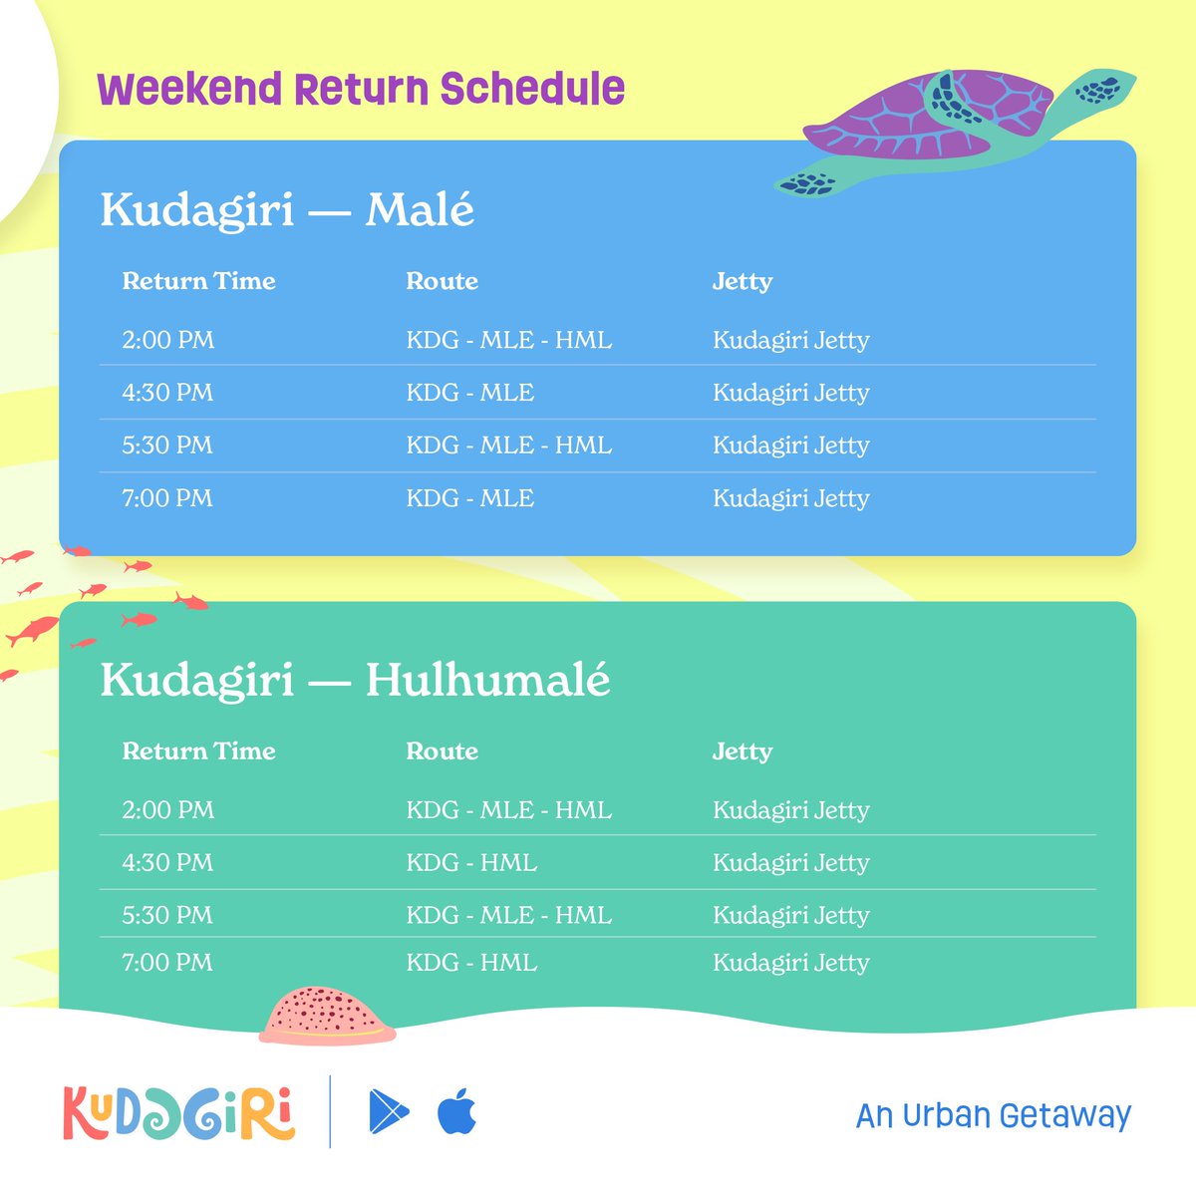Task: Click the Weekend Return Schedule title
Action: coord(361,90)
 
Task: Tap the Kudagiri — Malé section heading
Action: coord(287,210)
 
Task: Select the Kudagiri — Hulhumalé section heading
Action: coord(355,681)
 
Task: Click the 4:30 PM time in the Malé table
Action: coord(167,393)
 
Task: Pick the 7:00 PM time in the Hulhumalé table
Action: coord(167,963)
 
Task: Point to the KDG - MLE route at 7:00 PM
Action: coord(469,498)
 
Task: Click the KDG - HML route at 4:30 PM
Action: coord(471,863)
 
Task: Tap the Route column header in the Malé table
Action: coord(442,282)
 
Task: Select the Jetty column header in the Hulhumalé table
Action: coord(742,752)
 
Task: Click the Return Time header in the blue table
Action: coord(198,282)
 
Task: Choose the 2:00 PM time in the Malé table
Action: coord(167,340)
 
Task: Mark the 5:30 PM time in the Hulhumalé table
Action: coord(167,916)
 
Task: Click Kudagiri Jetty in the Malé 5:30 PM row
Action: coord(790,446)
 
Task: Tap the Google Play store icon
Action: coord(388,1112)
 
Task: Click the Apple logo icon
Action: coord(457,1111)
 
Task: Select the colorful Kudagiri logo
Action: coord(179,1112)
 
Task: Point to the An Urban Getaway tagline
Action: coord(993,1115)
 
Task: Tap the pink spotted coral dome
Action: coord(326,1014)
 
